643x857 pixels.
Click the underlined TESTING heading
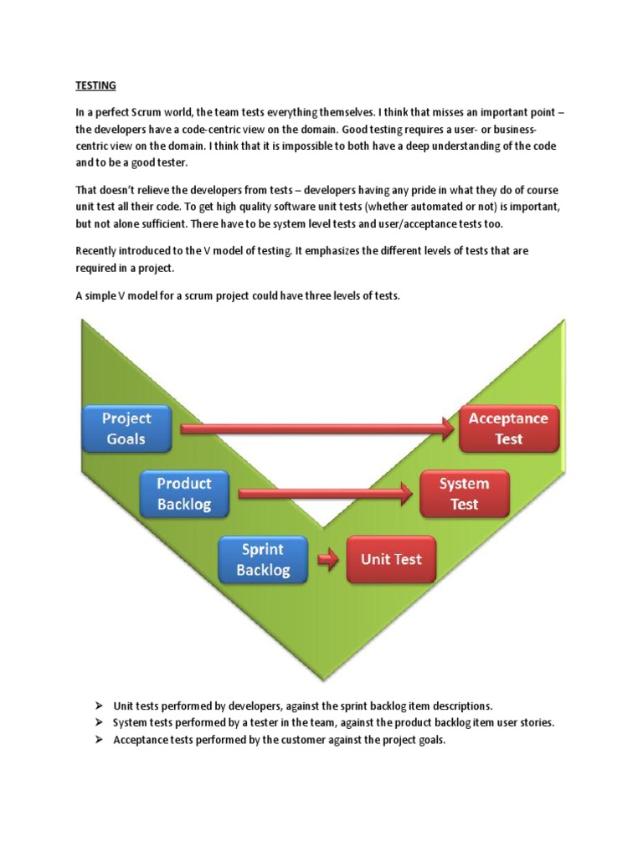(96, 85)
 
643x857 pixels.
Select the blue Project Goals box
(126, 428)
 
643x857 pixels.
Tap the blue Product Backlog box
(184, 494)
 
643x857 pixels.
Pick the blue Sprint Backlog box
(263, 560)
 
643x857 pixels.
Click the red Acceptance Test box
(508, 429)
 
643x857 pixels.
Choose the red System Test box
(464, 494)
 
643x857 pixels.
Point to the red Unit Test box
(390, 560)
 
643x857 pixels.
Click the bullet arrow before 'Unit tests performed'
(99, 706)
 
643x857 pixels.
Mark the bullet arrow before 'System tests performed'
(99, 722)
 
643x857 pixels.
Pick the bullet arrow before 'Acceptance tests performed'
(99, 740)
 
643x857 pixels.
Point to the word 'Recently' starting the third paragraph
(96, 250)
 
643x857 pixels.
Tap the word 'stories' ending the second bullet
(535, 722)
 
